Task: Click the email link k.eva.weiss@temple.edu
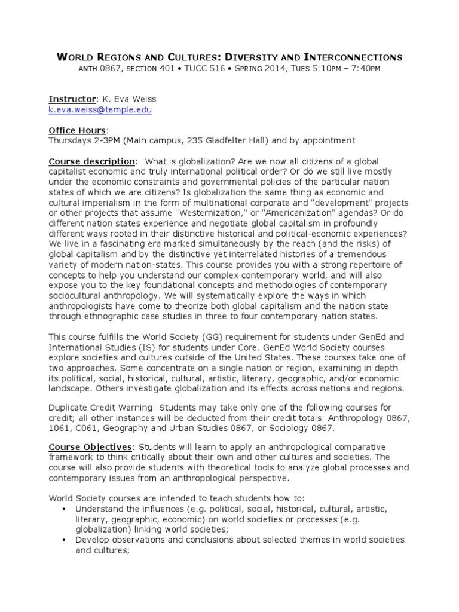tap(100, 111)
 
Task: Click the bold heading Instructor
tap(72, 99)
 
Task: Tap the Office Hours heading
tap(76, 130)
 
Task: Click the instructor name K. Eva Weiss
tap(131, 99)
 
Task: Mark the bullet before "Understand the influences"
tap(64, 509)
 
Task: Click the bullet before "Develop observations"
tap(64, 540)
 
